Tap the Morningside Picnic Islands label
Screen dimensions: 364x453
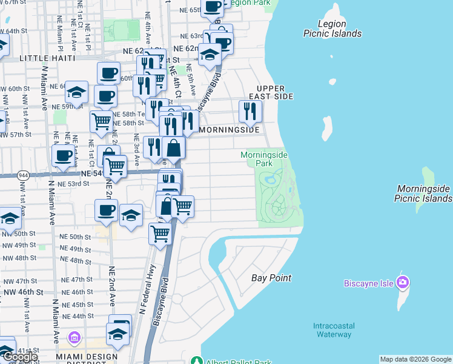coord(423,194)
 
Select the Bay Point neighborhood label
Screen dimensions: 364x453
coord(271,278)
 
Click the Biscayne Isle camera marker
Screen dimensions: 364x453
coord(403,282)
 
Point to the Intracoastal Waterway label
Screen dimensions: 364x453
coord(333,330)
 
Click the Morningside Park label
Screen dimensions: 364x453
coord(264,159)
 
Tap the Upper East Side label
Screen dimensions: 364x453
coord(266,92)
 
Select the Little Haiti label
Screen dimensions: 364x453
coord(47,58)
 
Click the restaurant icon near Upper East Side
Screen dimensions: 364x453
coord(250,111)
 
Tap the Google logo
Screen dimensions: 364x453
coord(19,357)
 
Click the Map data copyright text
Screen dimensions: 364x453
coord(415,359)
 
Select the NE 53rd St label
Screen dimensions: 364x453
coord(74,183)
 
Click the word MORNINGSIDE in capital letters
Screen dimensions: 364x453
coord(229,130)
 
